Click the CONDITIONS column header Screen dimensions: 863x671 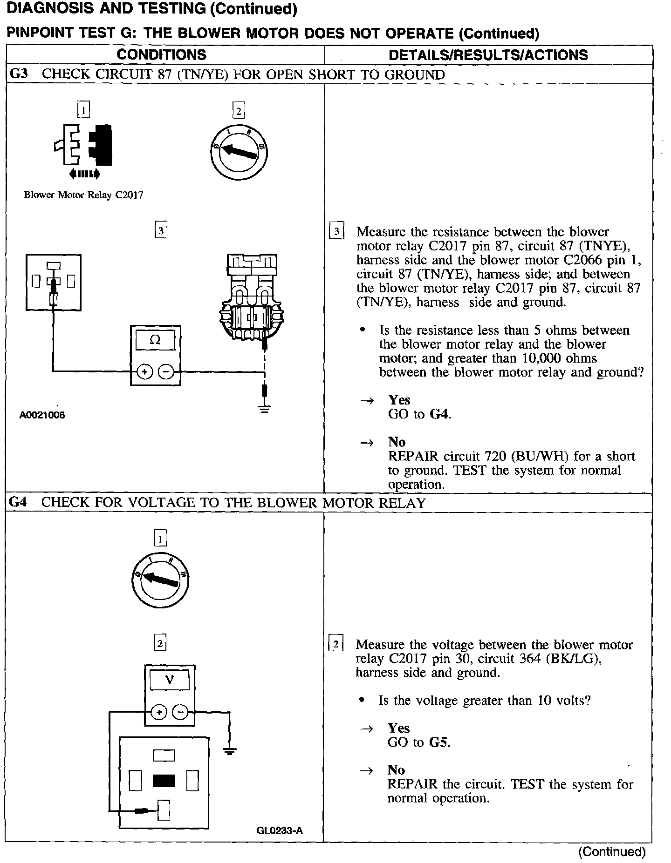pyautogui.click(x=161, y=54)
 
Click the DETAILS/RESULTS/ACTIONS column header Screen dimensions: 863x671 pyautogui.click(x=488, y=55)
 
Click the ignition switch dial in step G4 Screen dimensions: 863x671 pyautogui.click(x=160, y=580)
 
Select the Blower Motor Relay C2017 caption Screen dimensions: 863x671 pyautogui.click(x=83, y=195)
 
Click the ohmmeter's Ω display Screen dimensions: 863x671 pyautogui.click(x=155, y=340)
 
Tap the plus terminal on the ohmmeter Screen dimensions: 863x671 pyautogui.click(x=144, y=371)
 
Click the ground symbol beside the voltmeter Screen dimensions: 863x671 pyautogui.click(x=229, y=751)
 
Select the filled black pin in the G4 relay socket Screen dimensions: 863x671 pyautogui.click(x=164, y=781)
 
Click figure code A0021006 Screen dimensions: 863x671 pyautogui.click(x=42, y=415)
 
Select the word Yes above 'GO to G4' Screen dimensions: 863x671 pyautogui.click(x=399, y=400)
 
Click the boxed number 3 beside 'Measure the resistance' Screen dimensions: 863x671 pyautogui.click(x=336, y=231)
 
